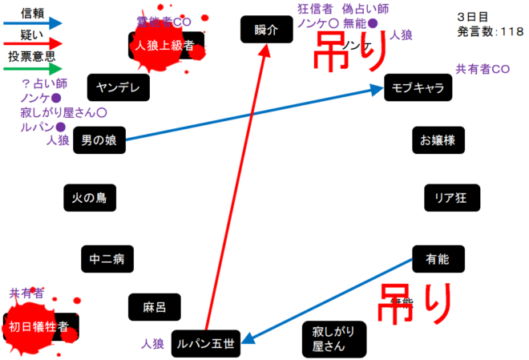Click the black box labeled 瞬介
pos(264,30)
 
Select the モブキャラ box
pos(418,87)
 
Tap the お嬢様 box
pos(438,141)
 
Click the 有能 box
pos(438,259)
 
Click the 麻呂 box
pos(154,306)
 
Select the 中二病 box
pos(107,259)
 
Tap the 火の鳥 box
pos(89,197)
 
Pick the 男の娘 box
pos(99,141)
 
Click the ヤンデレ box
pos(117,87)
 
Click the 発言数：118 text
pos(491,31)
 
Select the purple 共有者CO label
pos(483,70)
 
